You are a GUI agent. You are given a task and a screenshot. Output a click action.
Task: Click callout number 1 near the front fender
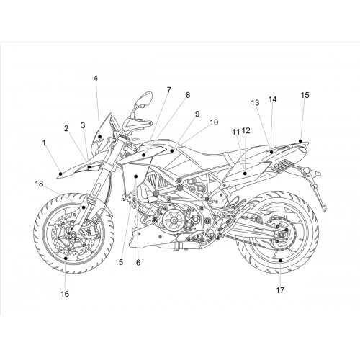(44, 143)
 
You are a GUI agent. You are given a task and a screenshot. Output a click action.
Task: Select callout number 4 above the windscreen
(96, 78)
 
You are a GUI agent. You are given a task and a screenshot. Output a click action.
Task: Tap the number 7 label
(169, 90)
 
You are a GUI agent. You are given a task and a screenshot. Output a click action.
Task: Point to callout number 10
(214, 122)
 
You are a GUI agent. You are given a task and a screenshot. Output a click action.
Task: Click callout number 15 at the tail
(305, 95)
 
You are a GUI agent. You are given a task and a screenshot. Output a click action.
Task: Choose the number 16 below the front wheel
(65, 294)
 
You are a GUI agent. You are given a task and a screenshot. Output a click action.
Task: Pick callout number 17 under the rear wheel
(280, 290)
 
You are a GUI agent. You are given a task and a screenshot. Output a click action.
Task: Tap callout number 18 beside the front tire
(39, 184)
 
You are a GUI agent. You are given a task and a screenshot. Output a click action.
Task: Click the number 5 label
(121, 262)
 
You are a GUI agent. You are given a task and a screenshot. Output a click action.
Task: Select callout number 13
(255, 103)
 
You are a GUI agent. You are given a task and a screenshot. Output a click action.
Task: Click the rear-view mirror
(143, 99)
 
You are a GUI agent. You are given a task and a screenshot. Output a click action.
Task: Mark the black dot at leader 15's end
(300, 141)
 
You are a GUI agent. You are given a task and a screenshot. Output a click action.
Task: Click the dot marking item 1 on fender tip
(60, 174)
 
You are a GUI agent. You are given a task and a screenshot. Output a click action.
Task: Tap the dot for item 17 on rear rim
(280, 261)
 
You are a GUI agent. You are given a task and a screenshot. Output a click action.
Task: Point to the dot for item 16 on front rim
(66, 258)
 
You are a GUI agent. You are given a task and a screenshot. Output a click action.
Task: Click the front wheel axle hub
(71, 235)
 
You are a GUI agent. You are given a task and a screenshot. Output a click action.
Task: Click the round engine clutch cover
(174, 220)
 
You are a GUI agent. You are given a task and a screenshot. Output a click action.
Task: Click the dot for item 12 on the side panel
(245, 174)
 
